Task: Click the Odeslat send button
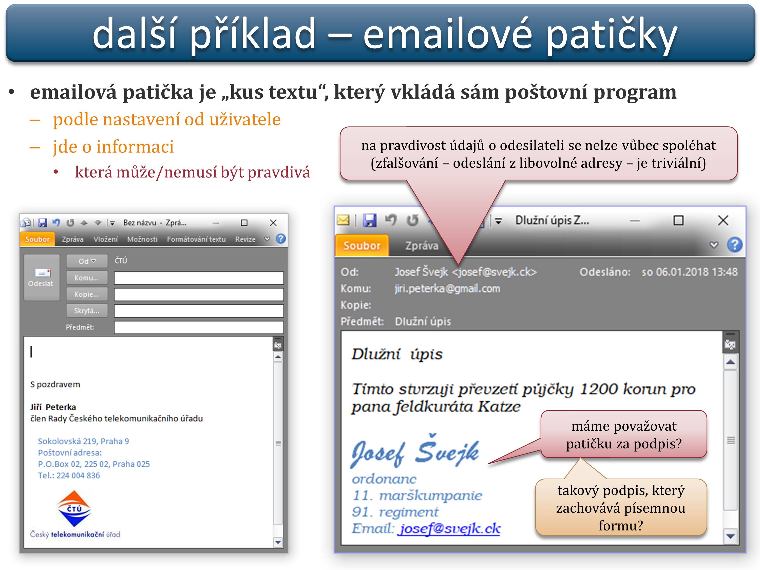pos(42,277)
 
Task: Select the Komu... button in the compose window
pos(87,278)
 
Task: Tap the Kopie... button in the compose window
pos(87,294)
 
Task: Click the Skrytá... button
pos(87,311)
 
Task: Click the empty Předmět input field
pos(199,327)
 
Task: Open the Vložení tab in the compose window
pos(105,239)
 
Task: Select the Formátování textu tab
pos(196,239)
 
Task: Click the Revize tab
pos(245,239)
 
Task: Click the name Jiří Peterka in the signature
pos(53,407)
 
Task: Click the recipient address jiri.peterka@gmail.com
pos(447,289)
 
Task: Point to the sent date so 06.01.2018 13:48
pos(690,272)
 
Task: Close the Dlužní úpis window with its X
pos(723,221)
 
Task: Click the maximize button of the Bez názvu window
pos(244,223)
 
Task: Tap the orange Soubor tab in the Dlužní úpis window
pos(362,246)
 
